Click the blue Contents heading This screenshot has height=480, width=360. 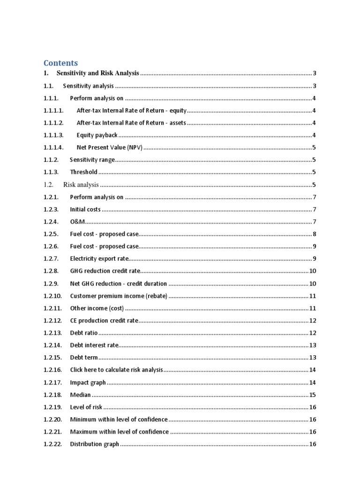click(x=61, y=63)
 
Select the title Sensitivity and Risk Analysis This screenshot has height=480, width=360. click(x=97, y=73)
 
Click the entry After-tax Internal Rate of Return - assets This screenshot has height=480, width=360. click(x=131, y=123)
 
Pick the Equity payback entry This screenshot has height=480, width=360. click(x=97, y=135)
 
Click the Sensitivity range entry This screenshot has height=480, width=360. click(x=92, y=160)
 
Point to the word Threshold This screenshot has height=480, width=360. click(x=83, y=172)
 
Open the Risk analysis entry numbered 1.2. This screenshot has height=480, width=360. click(x=81, y=185)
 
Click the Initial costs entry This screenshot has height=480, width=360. click(x=85, y=209)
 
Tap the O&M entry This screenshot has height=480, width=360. click(x=77, y=222)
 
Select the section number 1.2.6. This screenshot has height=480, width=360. click(x=51, y=246)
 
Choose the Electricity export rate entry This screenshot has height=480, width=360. click(x=99, y=259)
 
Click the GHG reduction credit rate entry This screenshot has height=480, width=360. click(x=105, y=271)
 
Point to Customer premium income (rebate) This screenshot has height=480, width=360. click(x=119, y=296)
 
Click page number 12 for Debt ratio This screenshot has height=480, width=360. click(x=313, y=333)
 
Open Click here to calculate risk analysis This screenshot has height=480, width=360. click(x=116, y=370)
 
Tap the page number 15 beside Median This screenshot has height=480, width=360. click(x=313, y=395)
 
